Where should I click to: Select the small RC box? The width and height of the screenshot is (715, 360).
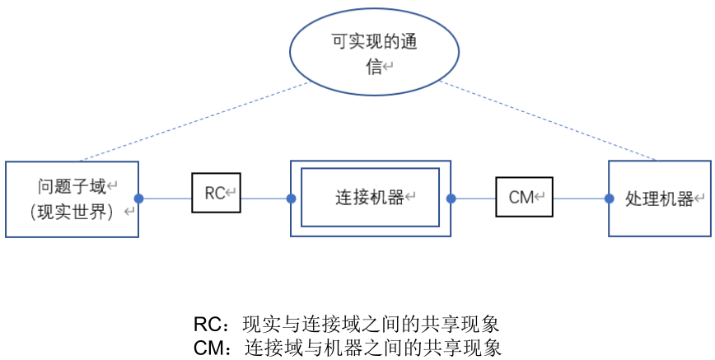tap(216, 194)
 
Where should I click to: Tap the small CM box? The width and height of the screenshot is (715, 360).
tap(524, 197)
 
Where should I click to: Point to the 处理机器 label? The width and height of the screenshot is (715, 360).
tap(659, 199)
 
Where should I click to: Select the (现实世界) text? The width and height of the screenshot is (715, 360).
tap(72, 212)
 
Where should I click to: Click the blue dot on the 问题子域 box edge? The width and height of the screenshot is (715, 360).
tap(138, 199)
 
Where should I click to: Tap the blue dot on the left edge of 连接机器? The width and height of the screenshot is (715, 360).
tap(291, 199)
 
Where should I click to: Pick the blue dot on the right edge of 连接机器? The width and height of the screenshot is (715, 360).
tap(451, 199)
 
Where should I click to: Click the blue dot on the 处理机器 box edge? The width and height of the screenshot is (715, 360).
tap(609, 199)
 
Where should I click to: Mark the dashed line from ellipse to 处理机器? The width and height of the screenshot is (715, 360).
tap(548, 121)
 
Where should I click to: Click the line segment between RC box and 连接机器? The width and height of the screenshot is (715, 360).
tap(264, 199)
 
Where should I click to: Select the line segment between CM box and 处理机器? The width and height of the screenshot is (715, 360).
tap(580, 199)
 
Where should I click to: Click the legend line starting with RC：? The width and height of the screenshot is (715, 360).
tap(347, 323)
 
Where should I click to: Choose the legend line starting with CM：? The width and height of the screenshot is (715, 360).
tap(347, 347)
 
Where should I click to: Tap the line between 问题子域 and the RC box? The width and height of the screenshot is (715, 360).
tap(165, 199)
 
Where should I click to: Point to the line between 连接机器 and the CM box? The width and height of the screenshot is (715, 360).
tap(473, 199)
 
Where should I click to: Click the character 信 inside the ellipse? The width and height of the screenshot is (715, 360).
tap(374, 68)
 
